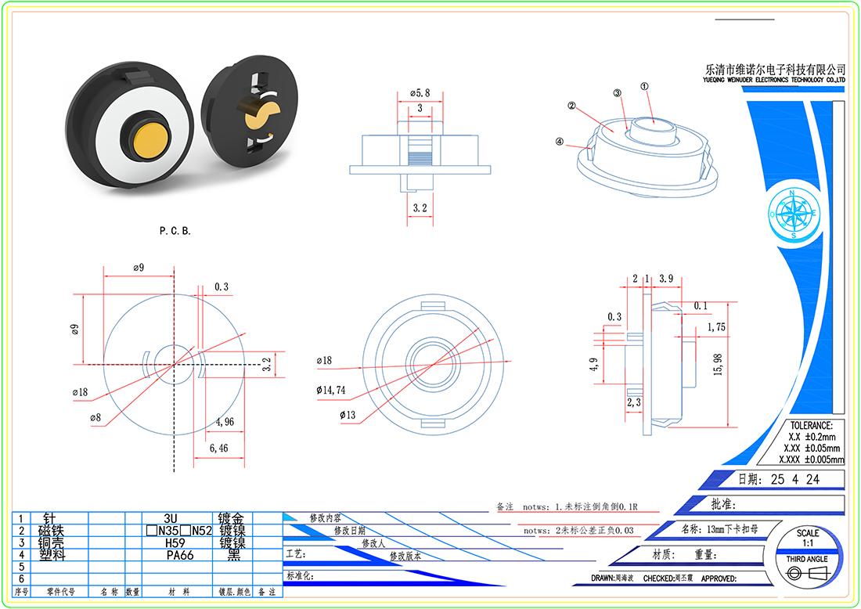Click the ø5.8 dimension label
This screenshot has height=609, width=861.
pyautogui.click(x=420, y=93)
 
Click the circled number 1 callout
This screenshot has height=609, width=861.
pyautogui.click(x=644, y=88)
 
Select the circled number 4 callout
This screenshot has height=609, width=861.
pyautogui.click(x=559, y=142)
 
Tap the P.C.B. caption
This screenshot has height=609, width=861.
pyautogui.click(x=175, y=231)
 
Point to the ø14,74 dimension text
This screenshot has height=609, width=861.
pyautogui.click(x=330, y=389)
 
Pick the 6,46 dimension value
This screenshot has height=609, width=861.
pyautogui.click(x=218, y=449)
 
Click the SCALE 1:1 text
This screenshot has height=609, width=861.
pyautogui.click(x=808, y=538)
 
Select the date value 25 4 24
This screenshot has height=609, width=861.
pyautogui.click(x=795, y=479)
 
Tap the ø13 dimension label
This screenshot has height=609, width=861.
pyautogui.click(x=348, y=414)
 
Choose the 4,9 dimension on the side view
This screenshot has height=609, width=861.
pyautogui.click(x=594, y=365)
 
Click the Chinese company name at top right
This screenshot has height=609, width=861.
pyautogui.click(x=775, y=69)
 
